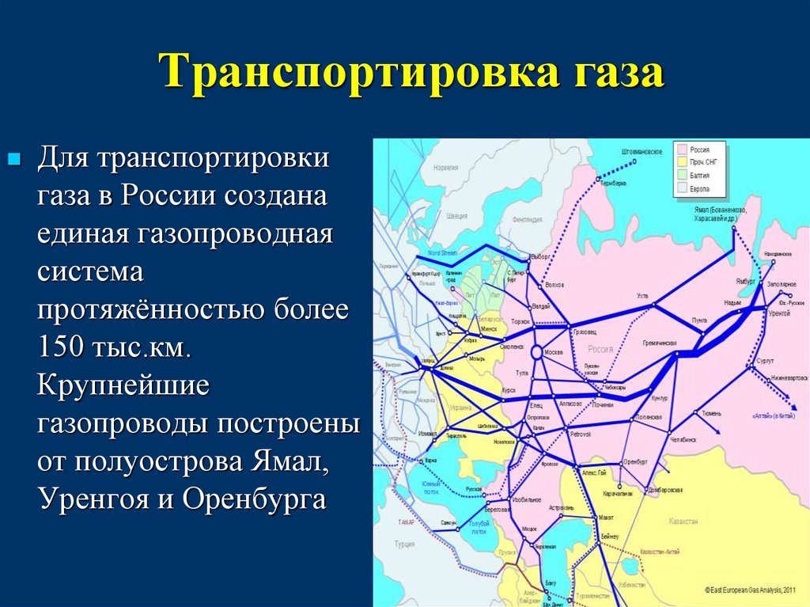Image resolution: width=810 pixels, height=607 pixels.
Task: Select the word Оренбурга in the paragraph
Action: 254,500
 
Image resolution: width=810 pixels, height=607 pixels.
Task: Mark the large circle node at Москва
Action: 536,352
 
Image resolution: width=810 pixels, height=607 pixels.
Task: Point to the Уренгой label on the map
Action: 779,313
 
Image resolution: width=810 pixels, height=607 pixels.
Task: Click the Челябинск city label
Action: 682,438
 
